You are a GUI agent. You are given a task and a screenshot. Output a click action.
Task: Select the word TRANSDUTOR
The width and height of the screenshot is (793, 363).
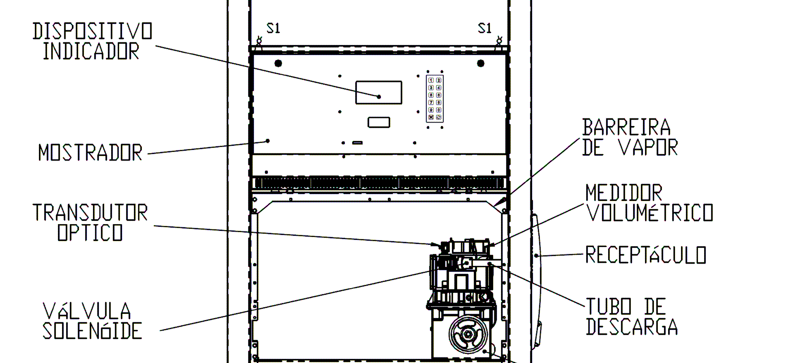pyautogui.click(x=90, y=212)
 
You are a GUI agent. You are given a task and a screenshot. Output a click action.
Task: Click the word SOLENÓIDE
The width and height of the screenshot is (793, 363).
pyautogui.click(x=92, y=331)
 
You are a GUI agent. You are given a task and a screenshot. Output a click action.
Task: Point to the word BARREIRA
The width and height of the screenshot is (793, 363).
pyautogui.click(x=627, y=127)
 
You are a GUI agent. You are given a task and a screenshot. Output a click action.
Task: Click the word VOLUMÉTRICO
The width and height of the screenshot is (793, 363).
pyautogui.click(x=649, y=212)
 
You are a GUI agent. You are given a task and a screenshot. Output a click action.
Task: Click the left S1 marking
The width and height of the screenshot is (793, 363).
pyautogui.click(x=273, y=28)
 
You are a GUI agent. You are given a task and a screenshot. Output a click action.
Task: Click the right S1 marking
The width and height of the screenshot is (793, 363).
pyautogui.click(x=484, y=28)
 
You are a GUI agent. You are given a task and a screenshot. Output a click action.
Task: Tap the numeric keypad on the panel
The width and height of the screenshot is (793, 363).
pyautogui.click(x=435, y=98)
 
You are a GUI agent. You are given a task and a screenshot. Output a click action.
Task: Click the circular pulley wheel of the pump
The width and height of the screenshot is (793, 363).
pyautogui.click(x=468, y=334)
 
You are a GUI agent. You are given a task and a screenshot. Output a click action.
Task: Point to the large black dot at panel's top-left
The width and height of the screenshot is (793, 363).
pyautogui.click(x=278, y=63)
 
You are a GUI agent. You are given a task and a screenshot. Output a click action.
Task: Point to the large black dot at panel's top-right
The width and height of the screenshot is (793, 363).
pyautogui.click(x=481, y=63)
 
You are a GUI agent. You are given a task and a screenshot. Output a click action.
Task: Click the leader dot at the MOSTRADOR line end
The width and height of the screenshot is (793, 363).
pyautogui.click(x=268, y=141)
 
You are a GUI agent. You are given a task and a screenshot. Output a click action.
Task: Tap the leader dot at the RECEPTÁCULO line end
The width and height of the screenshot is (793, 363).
pyautogui.click(x=536, y=255)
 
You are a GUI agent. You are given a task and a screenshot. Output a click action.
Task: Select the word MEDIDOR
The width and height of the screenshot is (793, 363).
pyautogui.click(x=624, y=192)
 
